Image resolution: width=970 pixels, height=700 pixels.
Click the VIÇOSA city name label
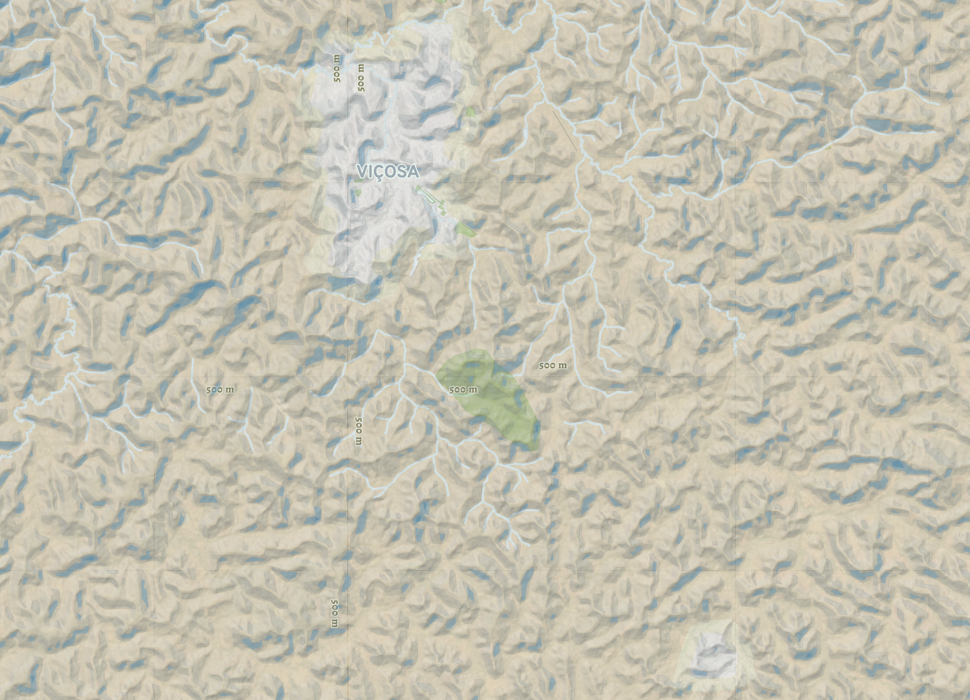coord(388,172)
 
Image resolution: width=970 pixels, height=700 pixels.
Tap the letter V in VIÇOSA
coord(363,171)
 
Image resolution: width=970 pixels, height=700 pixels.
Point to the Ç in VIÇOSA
coord(380,173)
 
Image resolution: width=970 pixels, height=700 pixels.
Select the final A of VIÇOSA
coord(412,171)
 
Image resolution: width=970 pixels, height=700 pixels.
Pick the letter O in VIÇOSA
coord(391,171)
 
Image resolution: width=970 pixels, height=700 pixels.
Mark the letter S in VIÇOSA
coord(402,171)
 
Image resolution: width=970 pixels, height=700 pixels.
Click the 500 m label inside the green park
coord(463,390)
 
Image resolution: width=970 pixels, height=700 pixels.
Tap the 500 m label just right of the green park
coord(553,365)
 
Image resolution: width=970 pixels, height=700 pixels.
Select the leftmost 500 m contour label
coord(220,390)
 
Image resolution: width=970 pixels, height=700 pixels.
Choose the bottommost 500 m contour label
coord(334,613)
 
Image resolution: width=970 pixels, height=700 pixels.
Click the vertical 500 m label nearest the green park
coord(358,431)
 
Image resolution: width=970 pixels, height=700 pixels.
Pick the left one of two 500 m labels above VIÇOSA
coord(337,68)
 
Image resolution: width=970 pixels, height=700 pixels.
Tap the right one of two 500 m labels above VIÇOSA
coord(361,77)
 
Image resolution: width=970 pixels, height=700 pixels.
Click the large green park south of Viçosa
coord(494,402)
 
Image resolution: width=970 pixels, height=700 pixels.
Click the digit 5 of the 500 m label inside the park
coord(452,390)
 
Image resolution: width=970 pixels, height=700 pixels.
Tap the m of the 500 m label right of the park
coord(562,365)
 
